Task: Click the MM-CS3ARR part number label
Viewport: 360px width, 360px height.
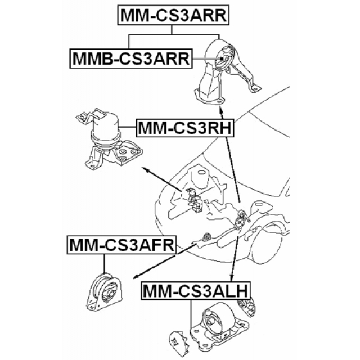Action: pyautogui.click(x=173, y=15)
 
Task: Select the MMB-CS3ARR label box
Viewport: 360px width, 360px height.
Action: pyautogui.click(x=129, y=58)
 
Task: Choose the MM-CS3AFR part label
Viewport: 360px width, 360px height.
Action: pyautogui.click(x=120, y=245)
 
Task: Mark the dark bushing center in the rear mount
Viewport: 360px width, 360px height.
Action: pyautogui.click(x=223, y=61)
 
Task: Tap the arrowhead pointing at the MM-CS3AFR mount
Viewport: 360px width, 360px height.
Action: pyautogui.click(x=136, y=277)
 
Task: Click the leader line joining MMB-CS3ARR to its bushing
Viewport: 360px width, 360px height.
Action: pyautogui.click(x=205, y=58)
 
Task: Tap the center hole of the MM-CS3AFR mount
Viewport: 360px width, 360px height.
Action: pyautogui.click(x=110, y=291)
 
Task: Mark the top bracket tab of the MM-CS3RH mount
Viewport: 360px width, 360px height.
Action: pyautogui.click(x=89, y=116)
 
